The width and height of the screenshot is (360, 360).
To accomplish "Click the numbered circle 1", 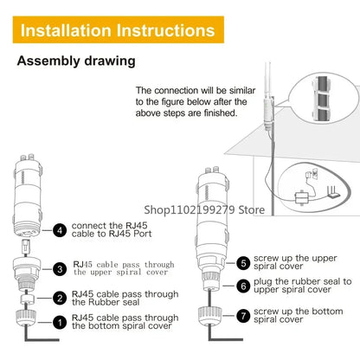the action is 60,322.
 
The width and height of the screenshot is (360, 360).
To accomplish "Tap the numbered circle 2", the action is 60,298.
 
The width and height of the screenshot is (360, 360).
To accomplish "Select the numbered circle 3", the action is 60,269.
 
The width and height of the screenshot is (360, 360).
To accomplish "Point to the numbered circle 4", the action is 60,230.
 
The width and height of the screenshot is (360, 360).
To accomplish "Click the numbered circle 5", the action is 243,263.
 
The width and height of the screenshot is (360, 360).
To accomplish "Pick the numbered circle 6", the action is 243,286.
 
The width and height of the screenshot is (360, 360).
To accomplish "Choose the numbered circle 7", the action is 243,316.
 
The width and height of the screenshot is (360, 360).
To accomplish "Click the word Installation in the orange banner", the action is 66,30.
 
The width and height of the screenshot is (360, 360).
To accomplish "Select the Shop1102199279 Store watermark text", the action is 204,209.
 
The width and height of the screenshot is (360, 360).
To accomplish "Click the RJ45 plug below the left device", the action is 26,247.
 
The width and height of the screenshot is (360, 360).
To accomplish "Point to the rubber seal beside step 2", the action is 28,299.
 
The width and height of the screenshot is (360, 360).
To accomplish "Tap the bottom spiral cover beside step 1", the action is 26,318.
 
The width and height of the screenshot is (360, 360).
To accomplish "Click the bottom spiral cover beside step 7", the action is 209,316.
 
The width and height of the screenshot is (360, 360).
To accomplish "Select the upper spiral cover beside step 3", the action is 27,273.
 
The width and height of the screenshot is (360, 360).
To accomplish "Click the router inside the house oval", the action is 333,192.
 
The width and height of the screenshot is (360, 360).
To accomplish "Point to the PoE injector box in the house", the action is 302,197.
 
